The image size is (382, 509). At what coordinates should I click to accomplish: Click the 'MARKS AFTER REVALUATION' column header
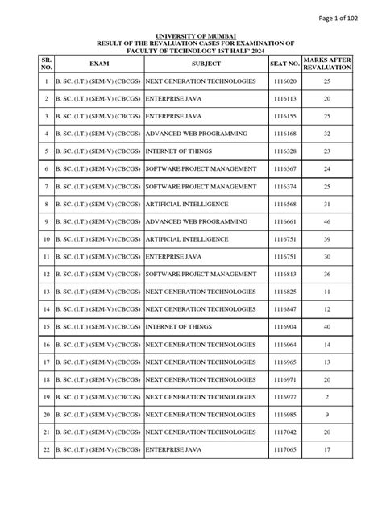(x=326, y=63)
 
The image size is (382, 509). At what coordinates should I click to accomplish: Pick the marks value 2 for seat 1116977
(x=326, y=396)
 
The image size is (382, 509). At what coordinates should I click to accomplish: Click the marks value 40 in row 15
(x=326, y=326)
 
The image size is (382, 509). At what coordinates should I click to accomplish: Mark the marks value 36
(x=326, y=274)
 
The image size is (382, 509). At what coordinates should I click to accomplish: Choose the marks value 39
(x=326, y=238)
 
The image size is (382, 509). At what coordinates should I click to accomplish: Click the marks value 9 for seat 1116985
(x=326, y=414)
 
